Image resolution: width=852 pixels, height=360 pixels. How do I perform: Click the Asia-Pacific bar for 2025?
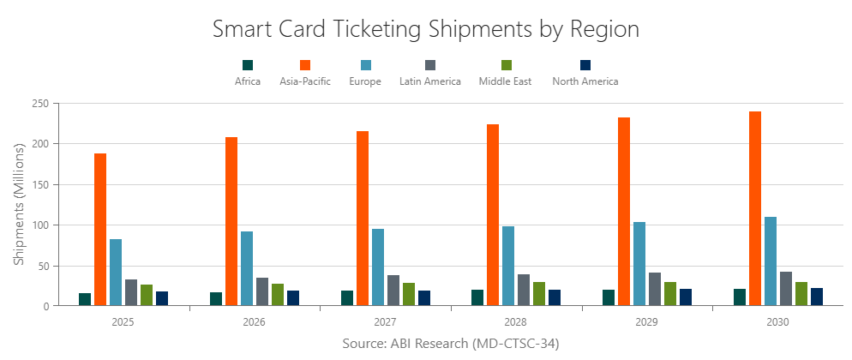100,230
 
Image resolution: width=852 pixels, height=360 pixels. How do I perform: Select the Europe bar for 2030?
771,261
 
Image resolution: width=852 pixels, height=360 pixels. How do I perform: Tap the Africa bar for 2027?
346,298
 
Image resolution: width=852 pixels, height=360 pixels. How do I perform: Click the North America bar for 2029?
686,297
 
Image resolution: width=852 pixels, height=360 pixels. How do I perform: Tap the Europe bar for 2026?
247,268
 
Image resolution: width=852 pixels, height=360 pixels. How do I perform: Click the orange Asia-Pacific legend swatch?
305,65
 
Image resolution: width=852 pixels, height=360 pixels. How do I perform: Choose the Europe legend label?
365,81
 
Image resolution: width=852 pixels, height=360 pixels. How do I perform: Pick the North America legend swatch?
585,65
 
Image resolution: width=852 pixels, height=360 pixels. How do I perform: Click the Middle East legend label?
506,81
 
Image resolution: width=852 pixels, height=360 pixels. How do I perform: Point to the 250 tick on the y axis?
39,103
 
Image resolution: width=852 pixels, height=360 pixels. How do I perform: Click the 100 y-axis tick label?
39,225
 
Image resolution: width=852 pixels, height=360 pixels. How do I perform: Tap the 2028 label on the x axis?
516,323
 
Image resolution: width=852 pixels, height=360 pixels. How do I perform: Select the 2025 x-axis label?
123,323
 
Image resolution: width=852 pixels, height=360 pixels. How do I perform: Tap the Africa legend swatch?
249,65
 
